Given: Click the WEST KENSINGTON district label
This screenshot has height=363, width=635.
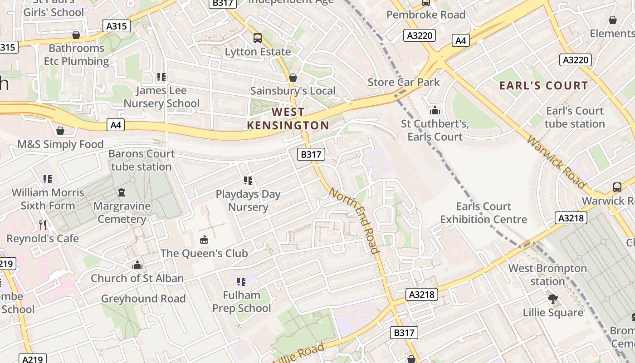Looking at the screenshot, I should (x=288, y=118).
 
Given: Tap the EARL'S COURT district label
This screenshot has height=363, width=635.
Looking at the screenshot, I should (x=543, y=85).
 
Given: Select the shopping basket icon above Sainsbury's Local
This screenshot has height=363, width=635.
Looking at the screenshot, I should (x=293, y=78).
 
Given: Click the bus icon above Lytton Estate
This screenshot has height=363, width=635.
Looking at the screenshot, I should (x=258, y=38).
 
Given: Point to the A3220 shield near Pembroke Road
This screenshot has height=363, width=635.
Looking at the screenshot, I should (x=420, y=35).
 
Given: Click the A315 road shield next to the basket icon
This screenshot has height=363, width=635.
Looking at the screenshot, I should (x=117, y=26).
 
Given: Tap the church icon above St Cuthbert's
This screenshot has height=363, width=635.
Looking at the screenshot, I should (x=435, y=110).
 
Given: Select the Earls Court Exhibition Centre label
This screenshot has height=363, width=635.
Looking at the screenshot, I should (x=484, y=213).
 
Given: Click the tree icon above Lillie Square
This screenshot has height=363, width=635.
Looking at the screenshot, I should (x=552, y=299).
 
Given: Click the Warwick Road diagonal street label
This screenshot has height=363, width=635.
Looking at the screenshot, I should (x=556, y=162).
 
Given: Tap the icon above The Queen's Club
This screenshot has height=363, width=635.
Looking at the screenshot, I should (x=204, y=240).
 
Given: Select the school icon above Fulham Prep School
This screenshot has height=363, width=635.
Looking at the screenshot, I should (x=241, y=282).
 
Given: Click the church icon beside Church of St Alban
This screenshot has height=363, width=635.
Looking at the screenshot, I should (x=137, y=265).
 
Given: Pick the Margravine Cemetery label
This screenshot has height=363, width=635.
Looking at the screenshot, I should (x=122, y=212).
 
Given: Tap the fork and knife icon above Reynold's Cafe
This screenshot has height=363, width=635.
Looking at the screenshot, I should (x=43, y=225).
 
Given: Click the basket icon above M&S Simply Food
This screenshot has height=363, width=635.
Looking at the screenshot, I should (x=60, y=131).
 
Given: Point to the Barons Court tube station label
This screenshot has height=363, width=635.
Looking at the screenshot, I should (x=142, y=160).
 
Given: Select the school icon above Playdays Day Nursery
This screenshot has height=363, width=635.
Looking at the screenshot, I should (x=248, y=181).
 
